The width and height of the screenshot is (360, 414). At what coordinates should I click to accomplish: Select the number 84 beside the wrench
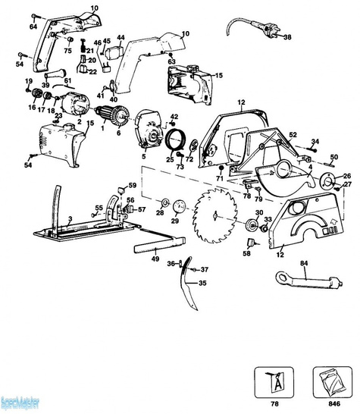point(303,264)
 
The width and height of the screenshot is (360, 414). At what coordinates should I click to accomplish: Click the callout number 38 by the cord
point(286,46)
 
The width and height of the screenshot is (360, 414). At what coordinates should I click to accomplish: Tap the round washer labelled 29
point(180,207)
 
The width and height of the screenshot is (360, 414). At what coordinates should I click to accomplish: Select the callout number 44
point(120,37)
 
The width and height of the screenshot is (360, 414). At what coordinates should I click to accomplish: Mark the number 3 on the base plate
point(70,218)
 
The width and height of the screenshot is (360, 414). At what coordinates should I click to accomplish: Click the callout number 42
point(174,116)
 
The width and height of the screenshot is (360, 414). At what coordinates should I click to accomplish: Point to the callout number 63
point(171,61)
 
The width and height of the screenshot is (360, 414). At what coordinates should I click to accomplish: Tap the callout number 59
point(131,185)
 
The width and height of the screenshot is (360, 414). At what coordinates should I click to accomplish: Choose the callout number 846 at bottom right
point(327,404)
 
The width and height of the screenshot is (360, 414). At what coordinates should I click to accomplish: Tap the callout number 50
point(333,157)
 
